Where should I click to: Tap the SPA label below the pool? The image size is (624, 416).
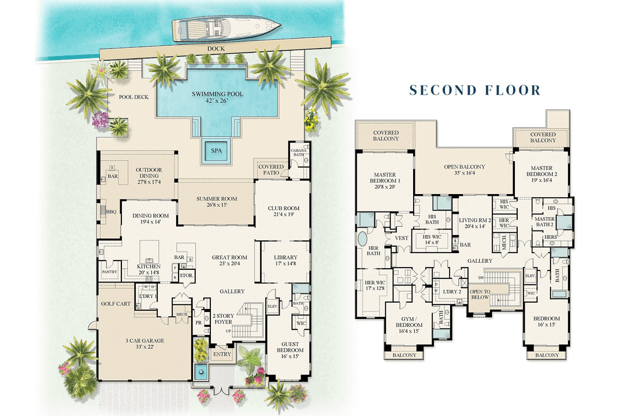click(216, 151)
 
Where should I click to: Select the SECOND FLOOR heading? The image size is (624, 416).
click(475, 90)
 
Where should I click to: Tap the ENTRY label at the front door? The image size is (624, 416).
click(221, 354)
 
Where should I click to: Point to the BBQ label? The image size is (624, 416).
click(111, 212)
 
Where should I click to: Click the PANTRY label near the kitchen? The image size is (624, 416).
click(109, 272)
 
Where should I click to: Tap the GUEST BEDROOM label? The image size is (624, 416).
click(290, 348)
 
